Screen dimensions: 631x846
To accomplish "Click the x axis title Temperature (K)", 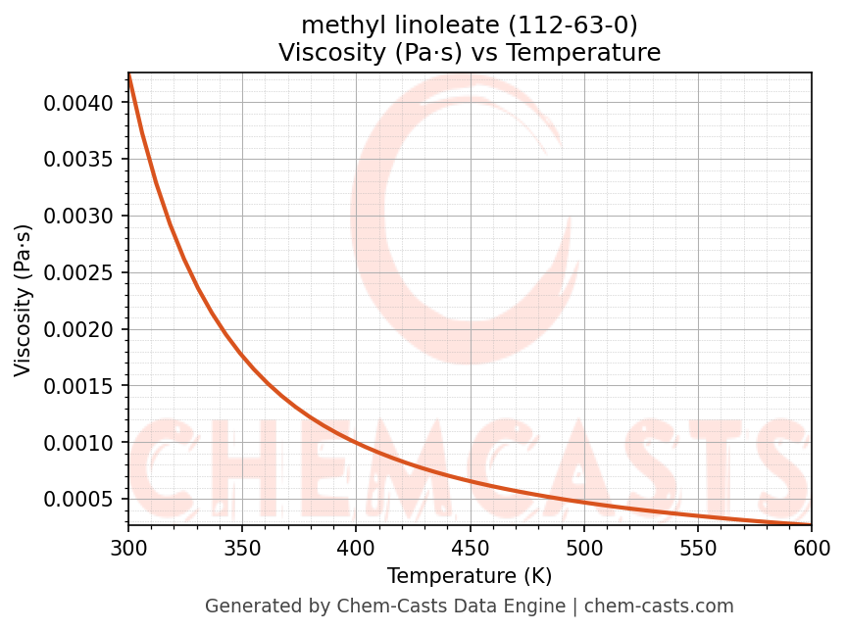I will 470,575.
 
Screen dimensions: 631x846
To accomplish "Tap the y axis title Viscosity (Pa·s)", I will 24,301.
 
